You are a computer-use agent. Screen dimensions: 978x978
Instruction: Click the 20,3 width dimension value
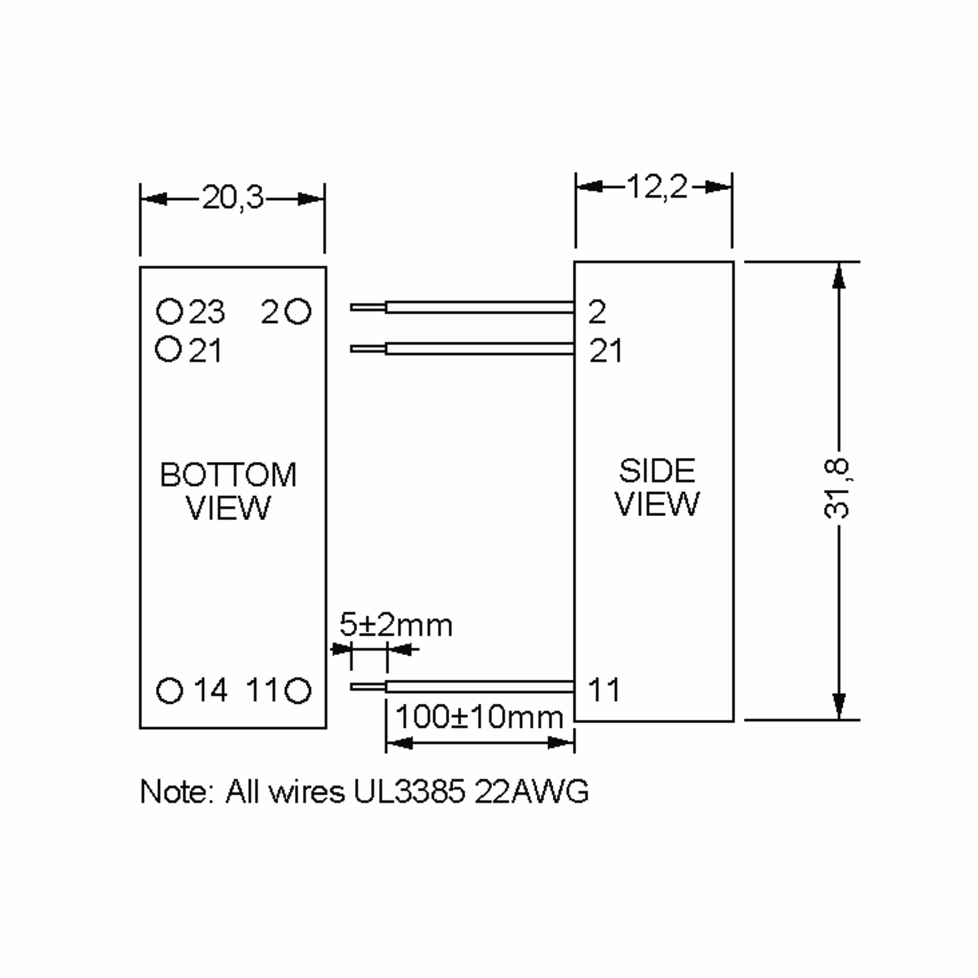click(233, 198)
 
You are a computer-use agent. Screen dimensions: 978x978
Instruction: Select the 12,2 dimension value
click(657, 187)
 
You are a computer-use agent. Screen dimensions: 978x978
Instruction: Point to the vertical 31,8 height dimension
click(836, 489)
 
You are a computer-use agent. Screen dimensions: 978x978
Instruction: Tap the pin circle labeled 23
click(169, 311)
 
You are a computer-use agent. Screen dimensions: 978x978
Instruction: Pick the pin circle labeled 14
click(169, 690)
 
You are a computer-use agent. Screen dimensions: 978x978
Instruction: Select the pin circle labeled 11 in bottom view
click(297, 690)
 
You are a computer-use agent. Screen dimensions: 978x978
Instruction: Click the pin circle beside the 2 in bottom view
click(297, 311)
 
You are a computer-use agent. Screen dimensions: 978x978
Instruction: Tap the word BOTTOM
click(228, 475)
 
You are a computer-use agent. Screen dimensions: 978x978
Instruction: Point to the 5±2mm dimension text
click(396, 625)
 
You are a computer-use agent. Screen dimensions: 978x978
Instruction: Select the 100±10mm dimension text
click(479, 717)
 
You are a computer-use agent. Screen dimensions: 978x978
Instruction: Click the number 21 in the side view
click(606, 350)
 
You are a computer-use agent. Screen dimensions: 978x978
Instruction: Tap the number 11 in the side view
click(604, 689)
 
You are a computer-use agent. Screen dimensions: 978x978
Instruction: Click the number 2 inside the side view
click(597, 312)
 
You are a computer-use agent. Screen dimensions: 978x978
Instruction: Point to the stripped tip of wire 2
click(368, 307)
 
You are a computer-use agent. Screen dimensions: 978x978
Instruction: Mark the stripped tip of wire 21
click(368, 349)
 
